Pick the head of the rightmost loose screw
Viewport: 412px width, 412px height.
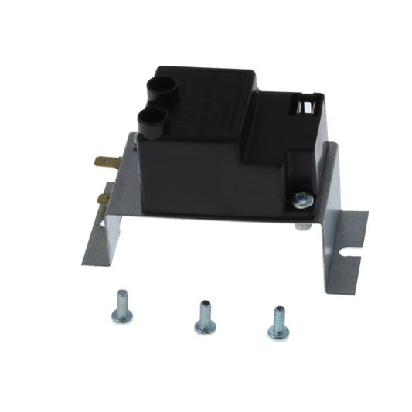pyautogui.click(x=276, y=329)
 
